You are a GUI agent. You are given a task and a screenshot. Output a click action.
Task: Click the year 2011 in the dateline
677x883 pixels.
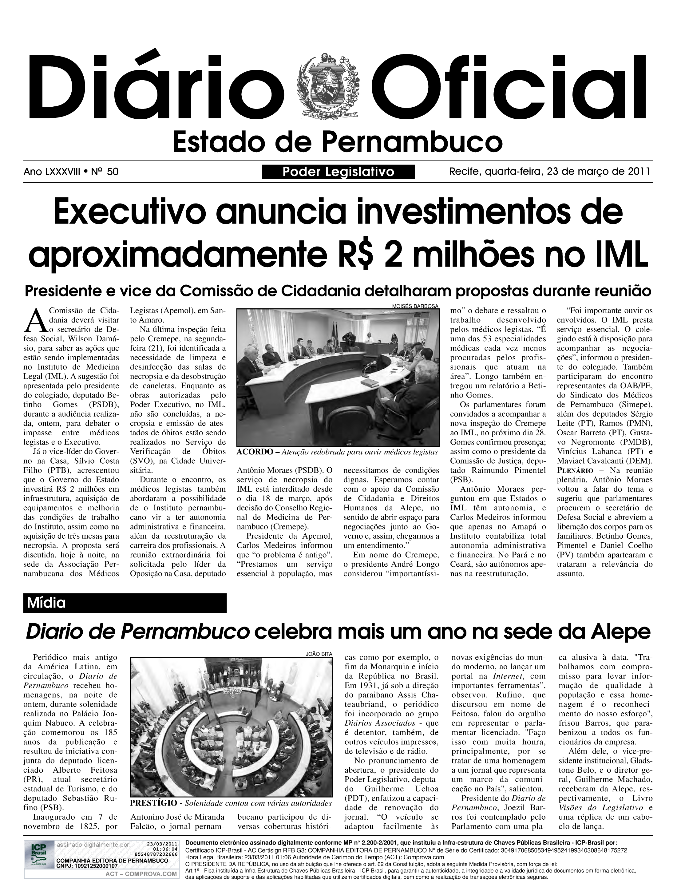pyautogui.click(x=639, y=172)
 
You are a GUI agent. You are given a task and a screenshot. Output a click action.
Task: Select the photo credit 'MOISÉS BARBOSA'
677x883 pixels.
pyautogui.click(x=415, y=306)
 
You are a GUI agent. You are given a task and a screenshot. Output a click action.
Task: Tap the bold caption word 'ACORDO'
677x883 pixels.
pyautogui.click(x=255, y=452)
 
